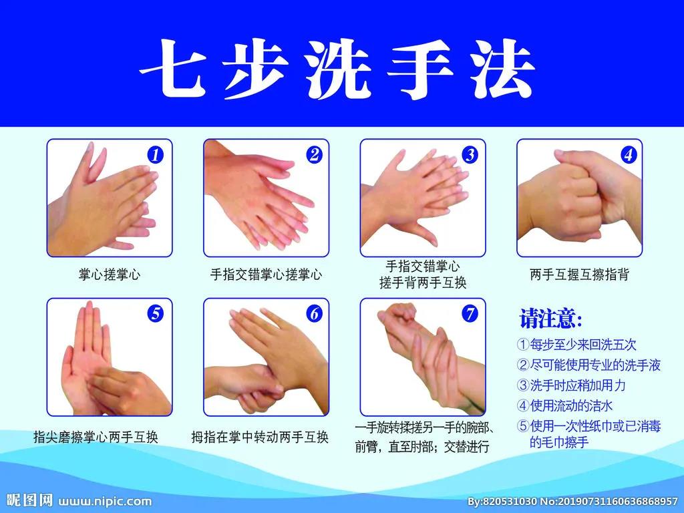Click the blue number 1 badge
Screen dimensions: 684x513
(x=155, y=155)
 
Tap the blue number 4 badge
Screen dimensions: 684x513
(x=628, y=155)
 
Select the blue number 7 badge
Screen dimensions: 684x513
(x=470, y=314)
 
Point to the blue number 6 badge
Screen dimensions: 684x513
(x=314, y=314)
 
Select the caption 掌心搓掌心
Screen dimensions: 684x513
(x=110, y=275)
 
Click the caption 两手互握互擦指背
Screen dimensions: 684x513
(x=579, y=275)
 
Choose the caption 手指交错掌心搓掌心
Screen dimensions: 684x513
(x=266, y=275)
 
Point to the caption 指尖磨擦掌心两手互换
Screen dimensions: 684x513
(x=96, y=437)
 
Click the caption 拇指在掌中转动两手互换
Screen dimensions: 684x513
(x=260, y=437)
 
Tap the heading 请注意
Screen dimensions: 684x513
(x=550, y=319)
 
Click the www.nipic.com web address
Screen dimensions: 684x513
(x=105, y=501)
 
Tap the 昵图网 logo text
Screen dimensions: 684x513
(x=30, y=500)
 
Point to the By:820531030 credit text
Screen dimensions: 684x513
(x=502, y=501)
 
